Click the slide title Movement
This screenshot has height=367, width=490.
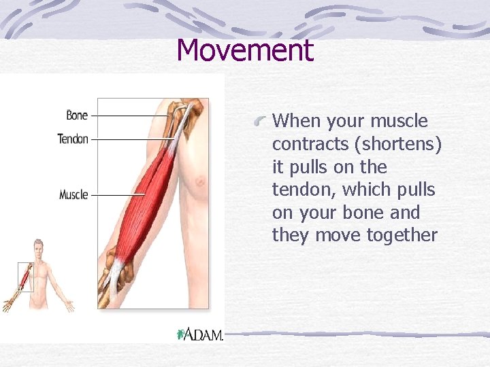[245, 50]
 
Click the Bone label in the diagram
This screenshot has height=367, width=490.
[77, 116]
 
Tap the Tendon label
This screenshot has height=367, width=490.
[73, 139]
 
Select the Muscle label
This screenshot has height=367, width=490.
[73, 195]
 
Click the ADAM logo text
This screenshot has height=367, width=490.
[205, 334]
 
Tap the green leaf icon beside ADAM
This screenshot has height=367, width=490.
[181, 334]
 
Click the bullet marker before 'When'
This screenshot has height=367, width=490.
[259, 121]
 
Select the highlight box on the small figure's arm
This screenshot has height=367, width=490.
[25, 277]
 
